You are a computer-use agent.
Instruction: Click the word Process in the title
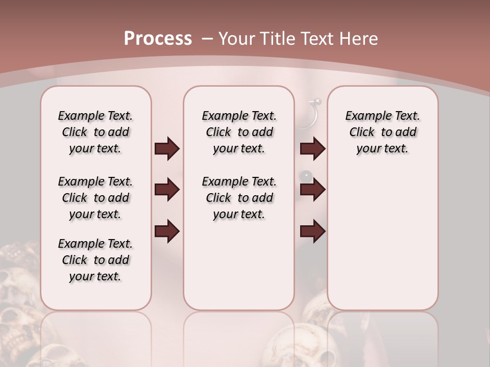[x=158, y=38]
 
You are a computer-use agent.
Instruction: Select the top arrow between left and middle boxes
[x=167, y=149]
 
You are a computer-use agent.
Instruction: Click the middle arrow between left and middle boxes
[x=167, y=190]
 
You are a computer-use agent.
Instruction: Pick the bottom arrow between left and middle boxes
[x=167, y=230]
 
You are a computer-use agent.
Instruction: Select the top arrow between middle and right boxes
[x=312, y=149]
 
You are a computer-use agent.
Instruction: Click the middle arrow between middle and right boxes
[x=312, y=190]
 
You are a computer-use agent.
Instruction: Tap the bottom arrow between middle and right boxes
[x=312, y=230]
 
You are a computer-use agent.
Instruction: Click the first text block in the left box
[x=95, y=132]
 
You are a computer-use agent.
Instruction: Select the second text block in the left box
[x=95, y=198]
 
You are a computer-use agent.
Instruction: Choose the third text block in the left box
[x=95, y=260]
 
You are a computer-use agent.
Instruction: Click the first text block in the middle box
[x=239, y=132]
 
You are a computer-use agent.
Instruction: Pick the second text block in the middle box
[x=239, y=198]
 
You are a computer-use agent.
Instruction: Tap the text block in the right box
[x=382, y=132]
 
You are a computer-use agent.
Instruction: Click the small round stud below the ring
[x=306, y=175]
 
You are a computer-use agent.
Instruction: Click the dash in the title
[x=207, y=38]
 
